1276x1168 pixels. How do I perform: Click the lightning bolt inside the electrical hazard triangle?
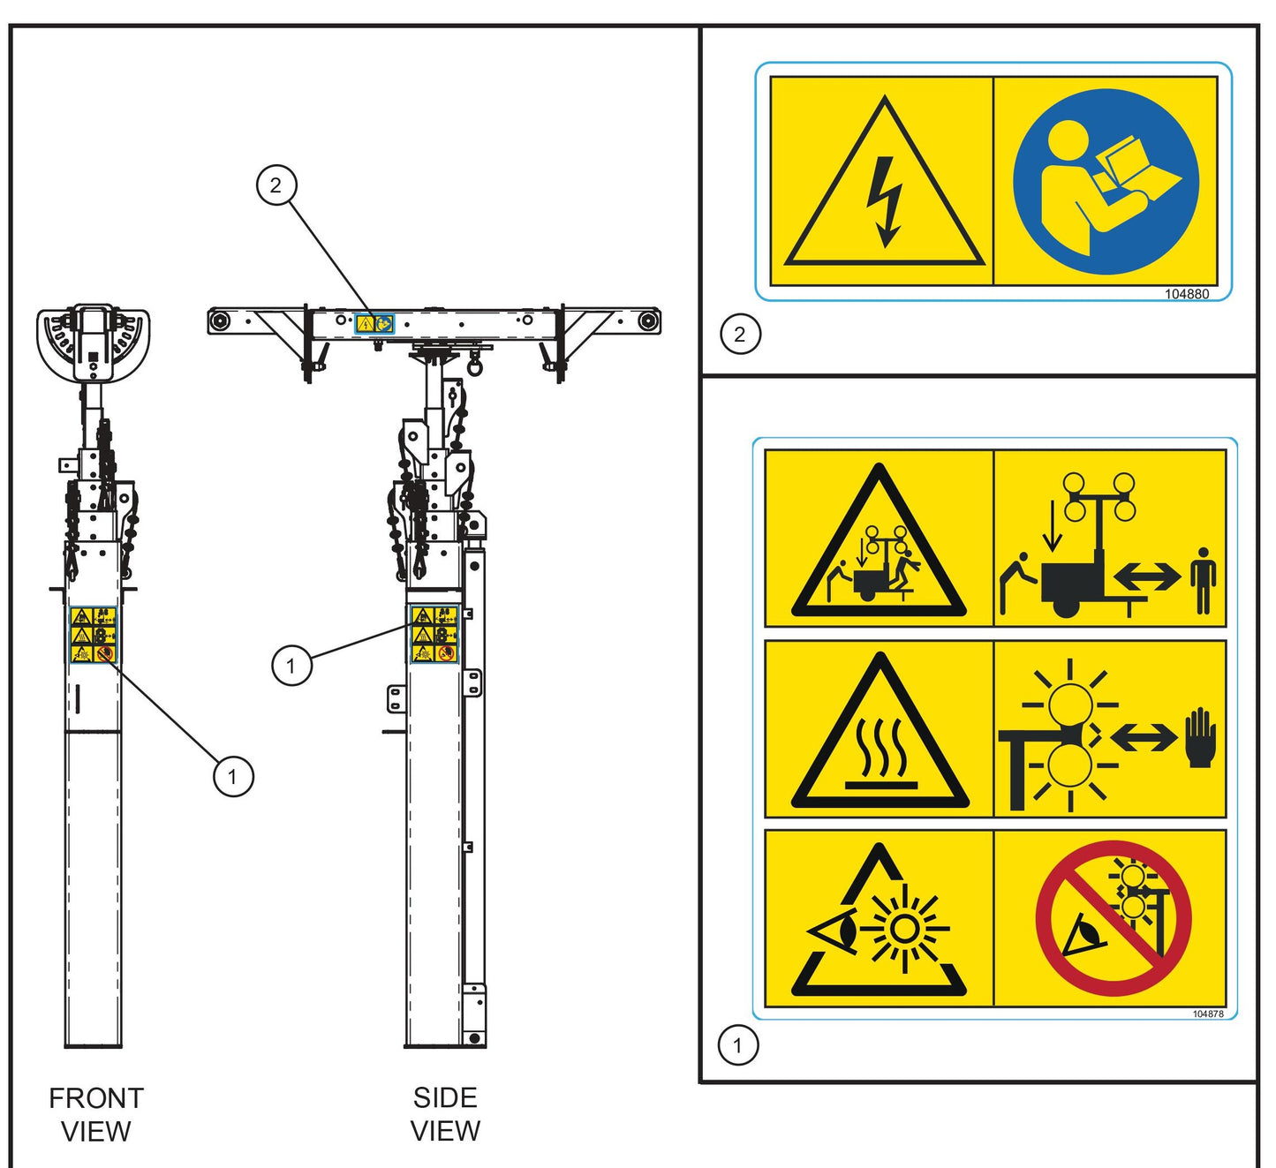(x=885, y=202)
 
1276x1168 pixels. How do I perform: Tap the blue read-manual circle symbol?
(x=1106, y=182)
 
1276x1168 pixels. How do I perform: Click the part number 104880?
(x=1186, y=294)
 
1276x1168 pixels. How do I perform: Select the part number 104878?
(x=1207, y=1014)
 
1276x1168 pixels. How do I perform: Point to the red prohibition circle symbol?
(x=1113, y=918)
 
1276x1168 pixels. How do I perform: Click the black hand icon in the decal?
(x=1200, y=737)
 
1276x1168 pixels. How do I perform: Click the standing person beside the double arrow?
(x=1202, y=579)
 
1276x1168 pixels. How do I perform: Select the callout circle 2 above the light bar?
(x=276, y=185)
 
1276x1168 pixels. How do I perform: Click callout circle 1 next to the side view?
(x=291, y=665)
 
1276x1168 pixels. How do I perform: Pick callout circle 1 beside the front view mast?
(x=233, y=777)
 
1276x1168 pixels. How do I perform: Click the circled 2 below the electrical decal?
(x=740, y=335)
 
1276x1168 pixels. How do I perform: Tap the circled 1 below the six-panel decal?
(x=738, y=1046)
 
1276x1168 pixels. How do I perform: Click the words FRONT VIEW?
(x=95, y=1114)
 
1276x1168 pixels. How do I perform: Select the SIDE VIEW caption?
(x=445, y=1113)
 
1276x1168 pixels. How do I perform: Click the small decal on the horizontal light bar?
(x=374, y=324)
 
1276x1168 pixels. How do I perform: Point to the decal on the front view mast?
(x=93, y=634)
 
